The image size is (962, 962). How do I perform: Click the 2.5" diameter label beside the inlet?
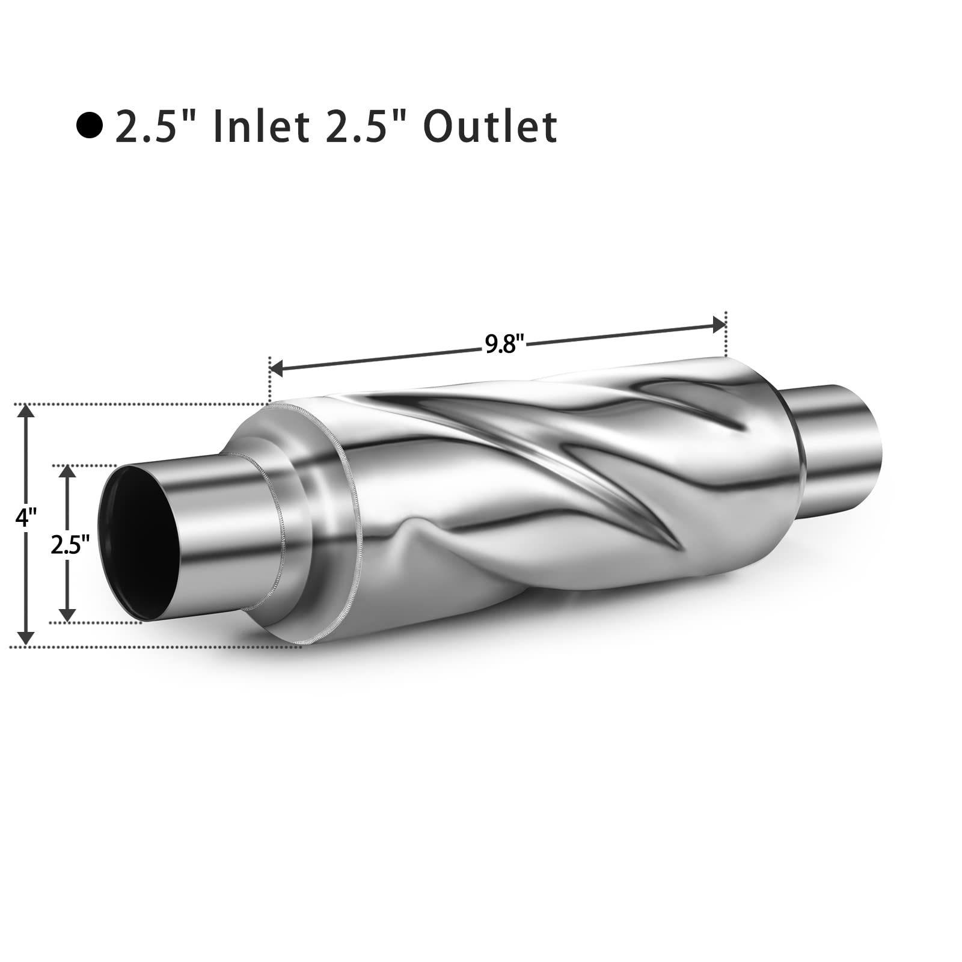click(x=70, y=545)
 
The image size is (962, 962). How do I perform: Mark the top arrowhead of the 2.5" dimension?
click(x=68, y=473)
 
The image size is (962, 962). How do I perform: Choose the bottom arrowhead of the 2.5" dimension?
click(x=68, y=614)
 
